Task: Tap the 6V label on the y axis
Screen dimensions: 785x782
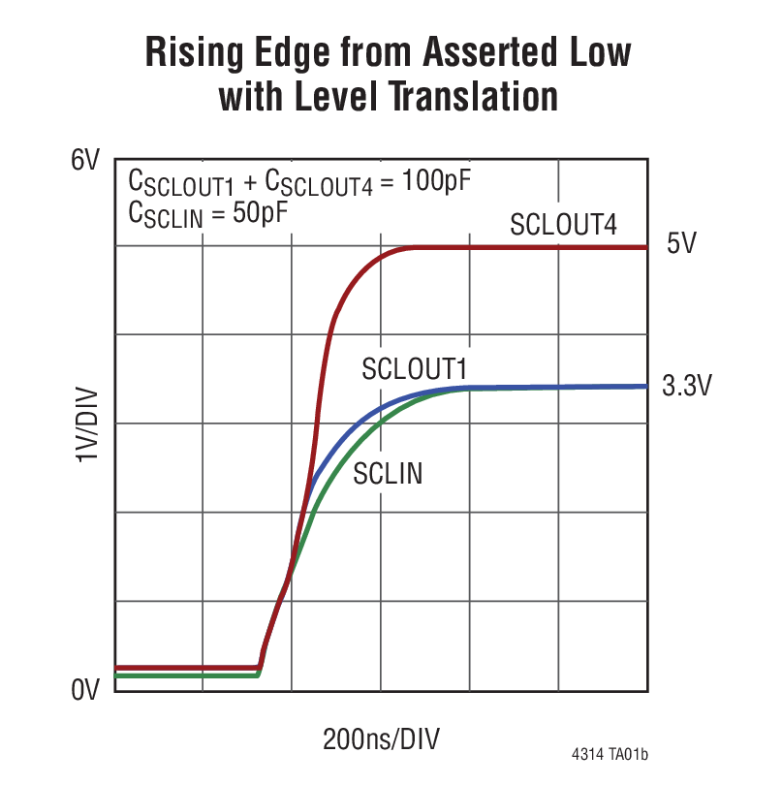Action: click(85, 161)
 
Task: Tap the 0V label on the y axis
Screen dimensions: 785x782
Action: click(85, 690)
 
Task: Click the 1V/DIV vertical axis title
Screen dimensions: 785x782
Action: click(86, 424)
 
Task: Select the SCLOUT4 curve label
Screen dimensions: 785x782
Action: click(563, 225)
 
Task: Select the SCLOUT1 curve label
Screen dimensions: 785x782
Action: click(415, 368)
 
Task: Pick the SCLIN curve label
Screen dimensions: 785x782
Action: click(388, 474)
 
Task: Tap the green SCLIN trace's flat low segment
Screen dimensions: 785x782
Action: click(184, 675)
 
